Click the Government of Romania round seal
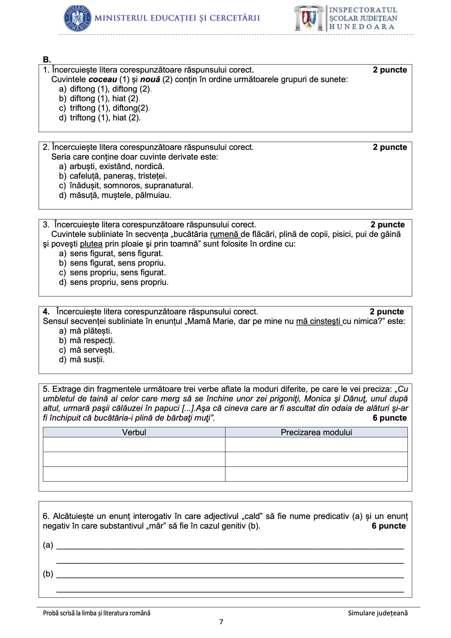tap(78, 18)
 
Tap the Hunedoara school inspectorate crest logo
tap(309, 18)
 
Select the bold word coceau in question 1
tap(103, 80)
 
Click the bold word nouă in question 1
tap(150, 80)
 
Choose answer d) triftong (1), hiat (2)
tap(100, 118)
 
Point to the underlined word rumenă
tap(225, 234)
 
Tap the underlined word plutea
tap(91, 244)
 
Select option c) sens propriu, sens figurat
tap(112, 273)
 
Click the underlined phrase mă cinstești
tap(318, 321)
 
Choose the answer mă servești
tap(87, 350)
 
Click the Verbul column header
tap(134, 432)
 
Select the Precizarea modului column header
tap(316, 432)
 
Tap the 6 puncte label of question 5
tap(390, 418)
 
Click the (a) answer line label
tap(48, 545)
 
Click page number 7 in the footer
tap(221, 622)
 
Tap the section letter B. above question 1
tap(47, 60)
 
